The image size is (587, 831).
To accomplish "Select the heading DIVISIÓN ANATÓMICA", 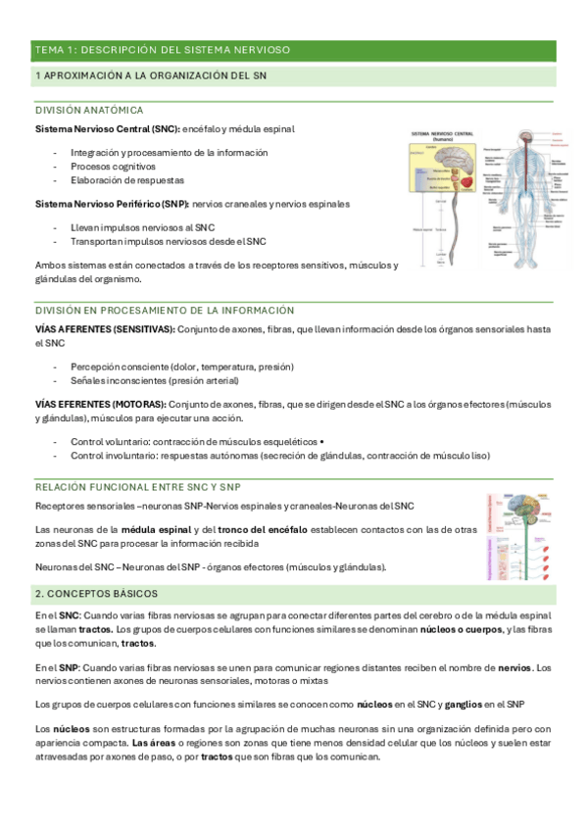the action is [89, 110].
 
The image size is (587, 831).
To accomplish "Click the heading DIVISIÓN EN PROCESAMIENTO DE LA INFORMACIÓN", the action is [165, 310].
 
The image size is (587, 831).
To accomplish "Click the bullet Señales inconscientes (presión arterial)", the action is [155, 380].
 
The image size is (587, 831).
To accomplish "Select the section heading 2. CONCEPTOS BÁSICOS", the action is [96, 594].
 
